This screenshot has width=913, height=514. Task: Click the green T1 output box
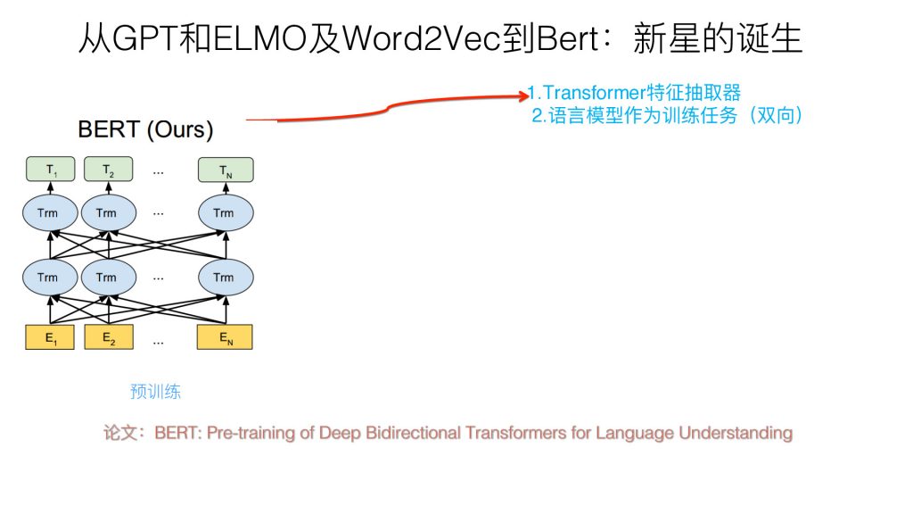pos(51,169)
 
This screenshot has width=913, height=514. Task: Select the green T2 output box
pos(108,169)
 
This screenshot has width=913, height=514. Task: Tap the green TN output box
pos(226,170)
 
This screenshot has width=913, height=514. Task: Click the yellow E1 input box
pos(50,337)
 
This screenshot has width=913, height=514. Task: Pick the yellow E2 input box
pos(109,337)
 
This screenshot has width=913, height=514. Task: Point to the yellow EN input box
pos(225,337)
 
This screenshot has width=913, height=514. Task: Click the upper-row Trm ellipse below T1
pos(50,213)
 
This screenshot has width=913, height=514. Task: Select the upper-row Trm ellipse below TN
pos(226,213)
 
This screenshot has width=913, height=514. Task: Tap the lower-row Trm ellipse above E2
pos(109,278)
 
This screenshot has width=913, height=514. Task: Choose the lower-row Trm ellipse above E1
pos(50,278)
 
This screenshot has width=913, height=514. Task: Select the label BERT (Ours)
pos(145,129)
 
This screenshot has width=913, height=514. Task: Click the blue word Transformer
pos(595,93)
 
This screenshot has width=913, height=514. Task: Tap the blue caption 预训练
pos(155,391)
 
